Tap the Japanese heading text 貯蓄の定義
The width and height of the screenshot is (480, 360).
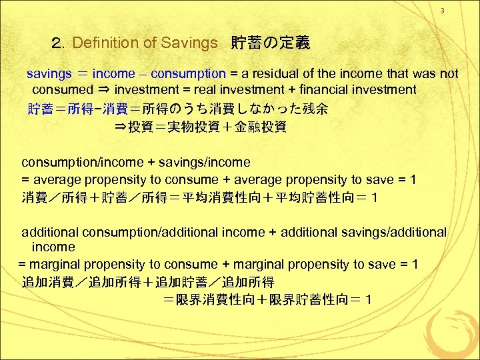click(270, 43)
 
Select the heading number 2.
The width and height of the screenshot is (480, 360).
click(57, 43)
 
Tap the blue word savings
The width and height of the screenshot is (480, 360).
click(48, 73)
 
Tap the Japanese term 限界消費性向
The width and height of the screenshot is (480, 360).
click(212, 300)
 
